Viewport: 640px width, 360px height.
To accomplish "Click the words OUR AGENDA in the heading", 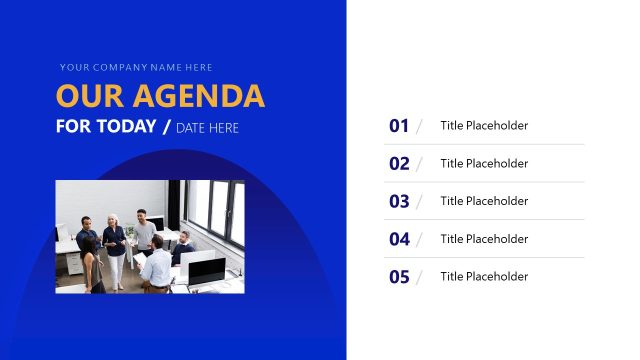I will pyautogui.click(x=160, y=96).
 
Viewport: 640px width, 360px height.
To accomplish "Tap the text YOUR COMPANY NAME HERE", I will pyautogui.click(x=136, y=68).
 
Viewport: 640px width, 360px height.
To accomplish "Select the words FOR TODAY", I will pyautogui.click(x=106, y=127).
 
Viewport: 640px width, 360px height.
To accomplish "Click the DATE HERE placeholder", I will pyautogui.click(x=207, y=128).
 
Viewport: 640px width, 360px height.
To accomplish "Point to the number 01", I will pyautogui.click(x=399, y=126).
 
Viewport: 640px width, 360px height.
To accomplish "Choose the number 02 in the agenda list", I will pyautogui.click(x=399, y=164).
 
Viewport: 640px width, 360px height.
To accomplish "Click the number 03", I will pyautogui.click(x=399, y=201).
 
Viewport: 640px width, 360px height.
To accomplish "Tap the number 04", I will pyautogui.click(x=399, y=239).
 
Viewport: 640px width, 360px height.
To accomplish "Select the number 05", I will pyautogui.click(x=399, y=277).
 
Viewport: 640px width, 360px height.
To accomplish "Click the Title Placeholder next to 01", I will pyautogui.click(x=484, y=126).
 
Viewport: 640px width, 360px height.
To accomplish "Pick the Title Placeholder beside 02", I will pyautogui.click(x=484, y=164).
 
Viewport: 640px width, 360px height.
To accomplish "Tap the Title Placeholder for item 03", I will pyautogui.click(x=484, y=201).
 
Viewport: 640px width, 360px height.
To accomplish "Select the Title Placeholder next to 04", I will pyautogui.click(x=484, y=239).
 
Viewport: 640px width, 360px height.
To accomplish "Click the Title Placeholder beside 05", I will pyautogui.click(x=484, y=277).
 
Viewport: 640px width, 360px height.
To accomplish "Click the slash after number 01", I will pyautogui.click(x=419, y=126).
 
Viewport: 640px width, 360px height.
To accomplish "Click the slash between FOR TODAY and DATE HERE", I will pyautogui.click(x=166, y=127).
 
